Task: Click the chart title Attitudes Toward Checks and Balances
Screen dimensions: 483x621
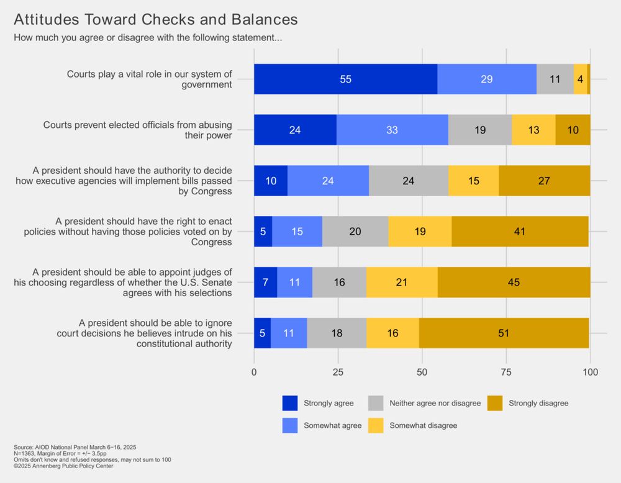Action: (x=155, y=19)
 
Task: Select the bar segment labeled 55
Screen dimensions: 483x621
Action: (x=345, y=79)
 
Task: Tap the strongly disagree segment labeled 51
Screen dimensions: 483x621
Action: (x=504, y=333)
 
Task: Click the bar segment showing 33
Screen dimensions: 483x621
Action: (x=392, y=130)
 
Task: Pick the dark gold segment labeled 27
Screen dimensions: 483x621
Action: (x=544, y=181)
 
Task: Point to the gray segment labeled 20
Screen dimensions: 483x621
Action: (x=355, y=232)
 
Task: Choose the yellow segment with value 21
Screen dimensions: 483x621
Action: (x=402, y=282)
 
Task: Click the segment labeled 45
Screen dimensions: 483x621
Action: (x=514, y=282)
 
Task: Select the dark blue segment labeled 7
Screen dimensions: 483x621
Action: (x=265, y=282)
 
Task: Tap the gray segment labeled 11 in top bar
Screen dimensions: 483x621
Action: (x=555, y=79)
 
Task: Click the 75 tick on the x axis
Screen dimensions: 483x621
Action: (x=506, y=372)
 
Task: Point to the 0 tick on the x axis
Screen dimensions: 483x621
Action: (x=254, y=372)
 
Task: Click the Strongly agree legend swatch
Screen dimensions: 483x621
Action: (x=290, y=404)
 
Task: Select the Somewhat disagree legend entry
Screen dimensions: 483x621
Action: (x=423, y=425)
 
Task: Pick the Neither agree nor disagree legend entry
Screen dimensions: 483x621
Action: (x=435, y=404)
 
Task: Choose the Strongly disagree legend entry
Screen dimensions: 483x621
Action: (x=538, y=404)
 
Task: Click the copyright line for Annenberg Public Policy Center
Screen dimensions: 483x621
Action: (x=63, y=466)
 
